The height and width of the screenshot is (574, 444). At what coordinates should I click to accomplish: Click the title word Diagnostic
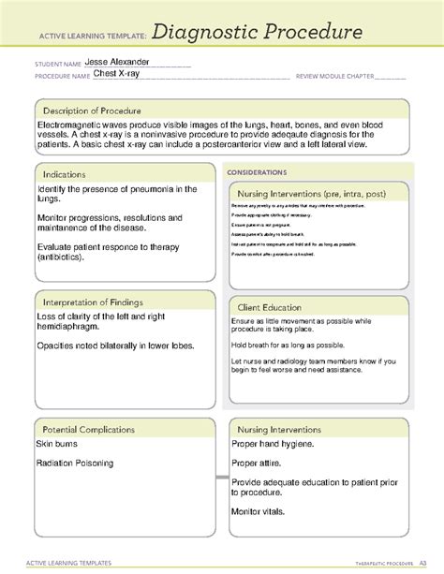pos(201,37)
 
